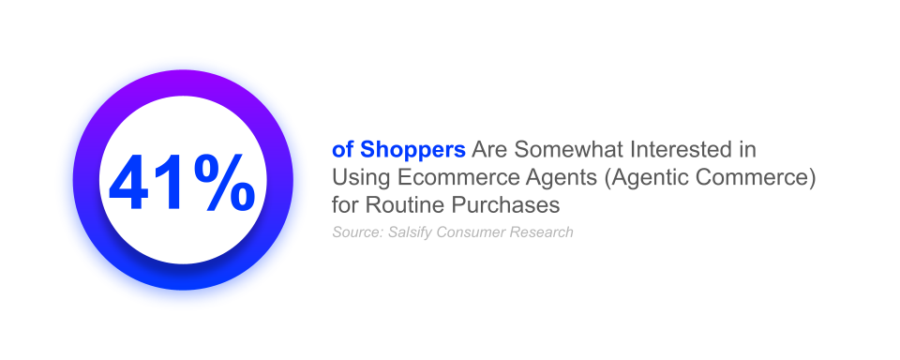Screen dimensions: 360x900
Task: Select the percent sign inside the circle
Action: pos(224,180)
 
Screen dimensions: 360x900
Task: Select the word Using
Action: pos(356,176)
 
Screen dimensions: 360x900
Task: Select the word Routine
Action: pos(401,202)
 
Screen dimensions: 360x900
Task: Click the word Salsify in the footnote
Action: pos(408,232)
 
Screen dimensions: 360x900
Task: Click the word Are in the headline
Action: pos(489,150)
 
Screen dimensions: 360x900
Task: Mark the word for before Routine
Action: pos(345,202)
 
